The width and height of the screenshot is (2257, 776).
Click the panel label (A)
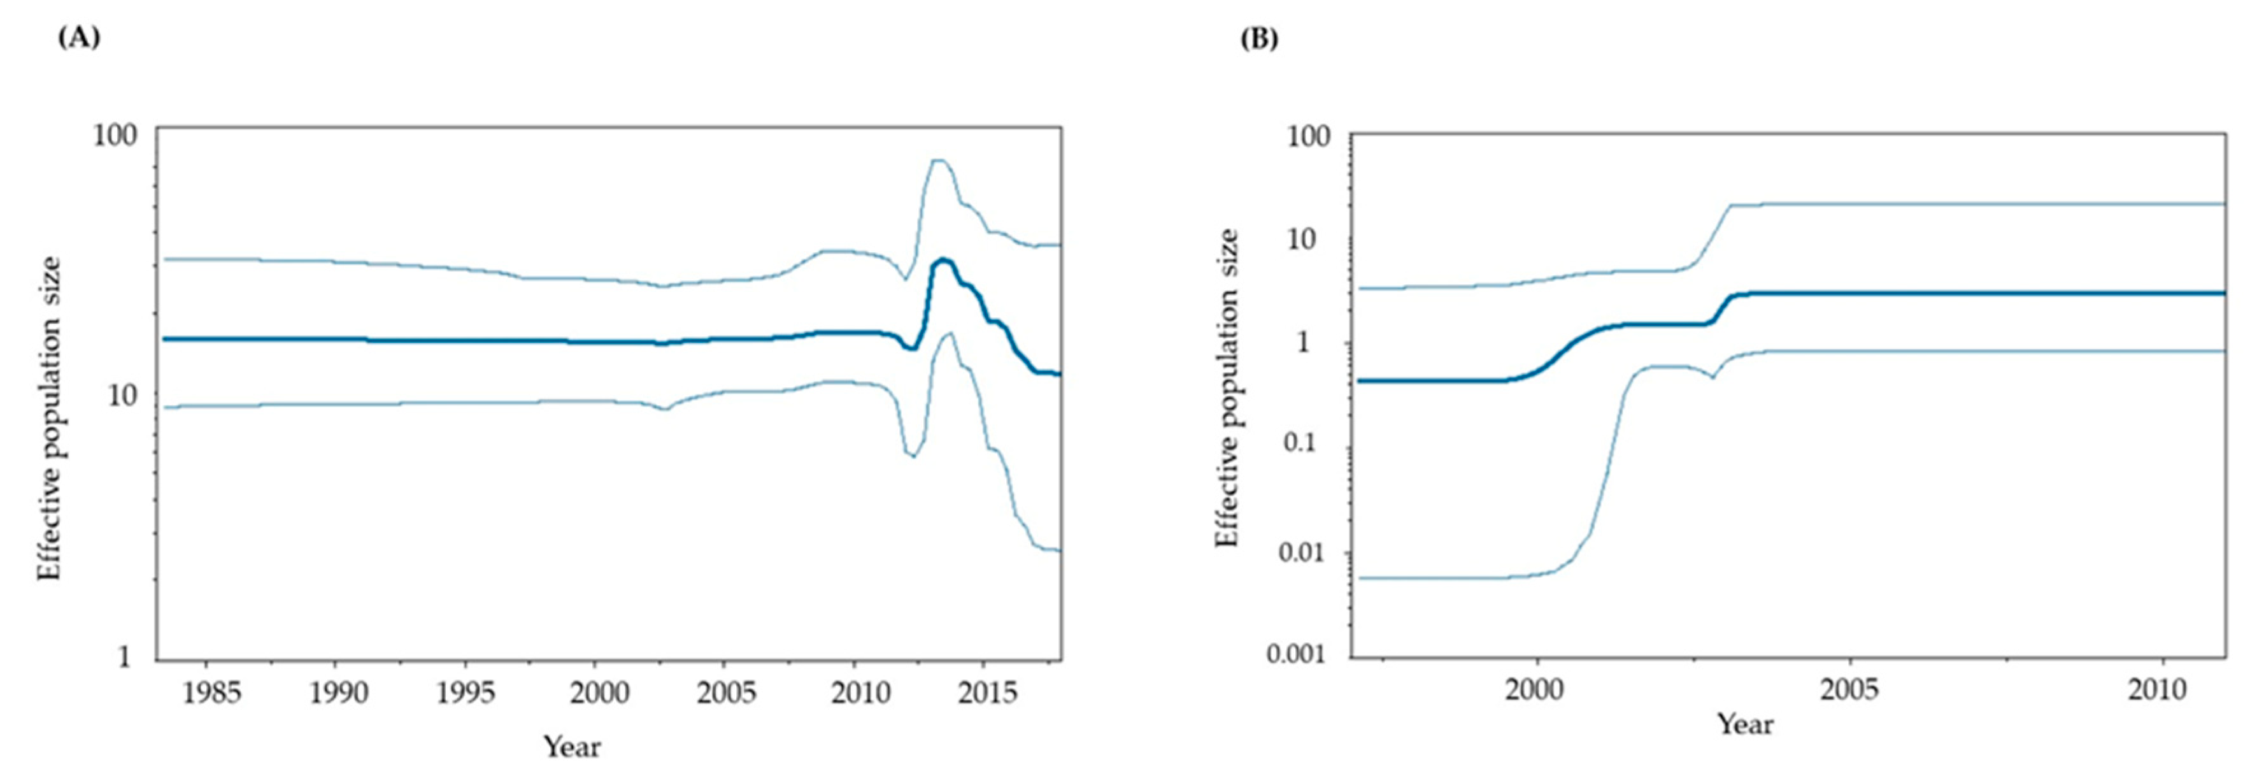point(78,39)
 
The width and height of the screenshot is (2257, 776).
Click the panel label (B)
point(1258,40)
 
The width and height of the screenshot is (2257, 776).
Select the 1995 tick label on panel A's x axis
point(466,693)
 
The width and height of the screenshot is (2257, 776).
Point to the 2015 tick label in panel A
point(986,693)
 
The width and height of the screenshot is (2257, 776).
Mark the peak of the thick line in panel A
point(942,261)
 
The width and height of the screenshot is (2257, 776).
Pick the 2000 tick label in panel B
point(1535,690)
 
